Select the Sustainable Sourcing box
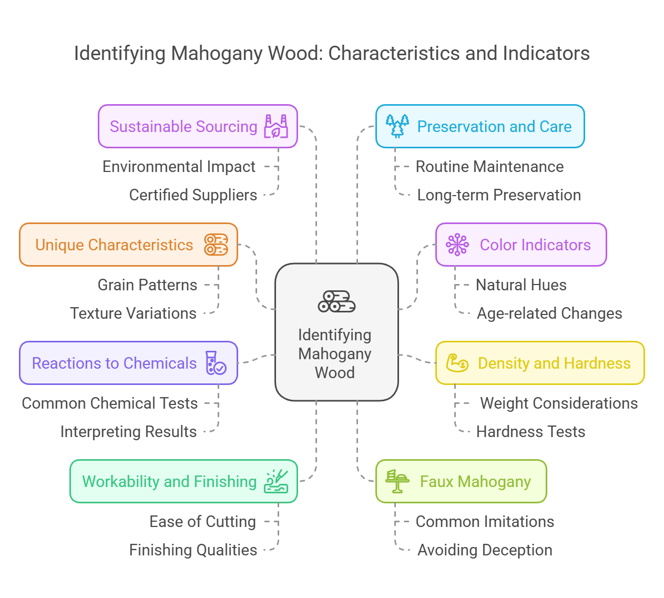pos(198,126)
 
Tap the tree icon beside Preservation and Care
pos(397,126)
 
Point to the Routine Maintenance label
pos(489,167)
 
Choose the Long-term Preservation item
pos(498,195)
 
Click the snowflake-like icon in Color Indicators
pos(457,245)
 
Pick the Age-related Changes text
pos(549,313)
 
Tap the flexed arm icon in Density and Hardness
pos(457,363)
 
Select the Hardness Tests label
pos(530,432)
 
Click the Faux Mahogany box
pos(461,481)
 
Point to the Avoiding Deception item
pos(485,550)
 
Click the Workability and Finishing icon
pos(276,481)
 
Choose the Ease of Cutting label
pos(202,522)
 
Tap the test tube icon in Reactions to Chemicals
pos(216,363)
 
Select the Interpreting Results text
pos(128,432)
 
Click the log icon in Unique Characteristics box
pos(216,245)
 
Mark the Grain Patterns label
pos(147,285)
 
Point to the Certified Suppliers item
pos(193,195)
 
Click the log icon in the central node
pos(336,301)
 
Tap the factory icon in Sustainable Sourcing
pos(276,126)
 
